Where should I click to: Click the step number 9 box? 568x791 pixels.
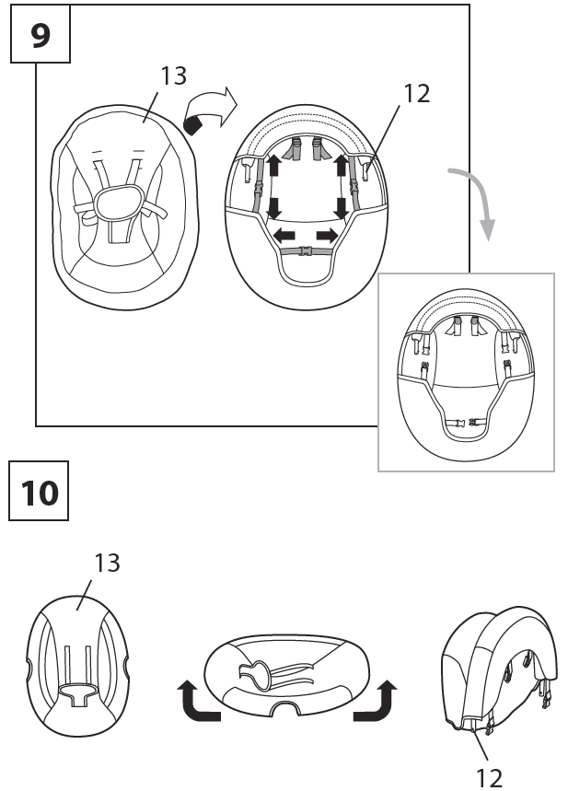click(x=41, y=34)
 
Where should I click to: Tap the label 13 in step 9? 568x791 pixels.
click(x=172, y=76)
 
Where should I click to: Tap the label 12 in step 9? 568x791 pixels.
click(x=417, y=94)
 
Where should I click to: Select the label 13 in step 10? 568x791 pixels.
click(x=108, y=563)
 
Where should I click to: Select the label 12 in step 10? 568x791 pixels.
click(x=491, y=778)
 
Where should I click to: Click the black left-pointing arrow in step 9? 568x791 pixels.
click(x=284, y=237)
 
